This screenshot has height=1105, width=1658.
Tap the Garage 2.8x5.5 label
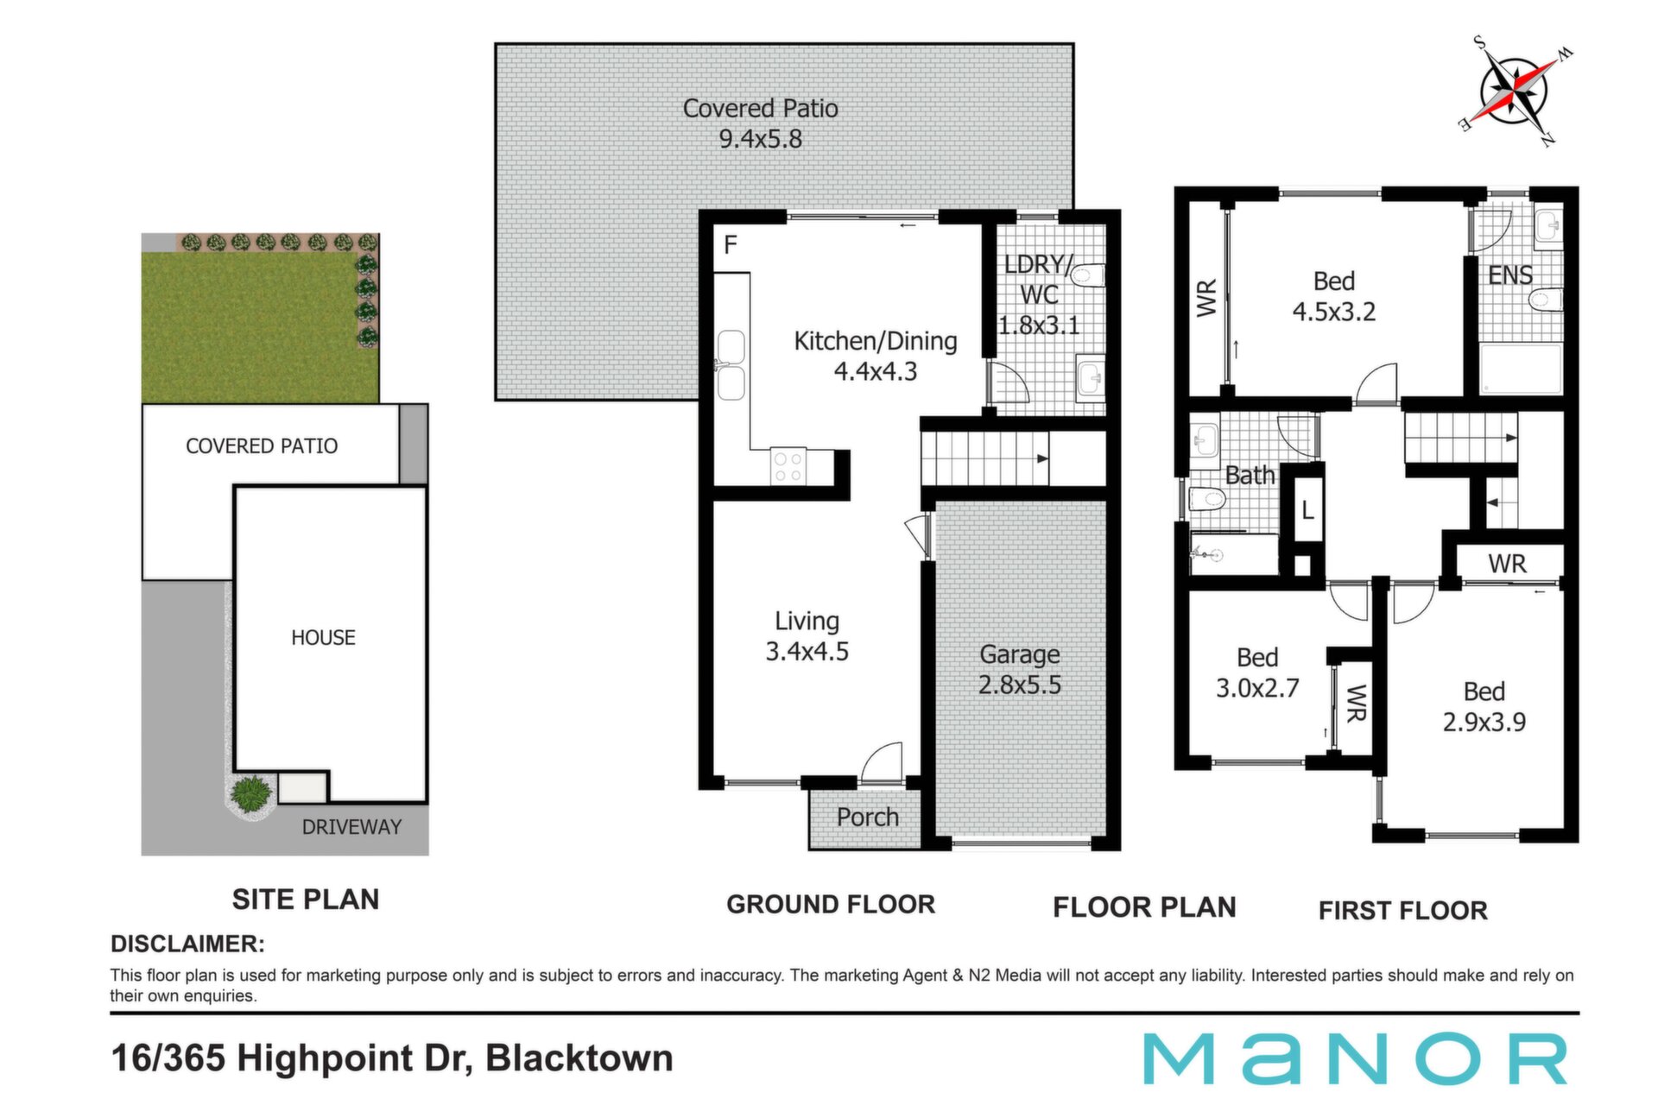pyautogui.click(x=1020, y=670)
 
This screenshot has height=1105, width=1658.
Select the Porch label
pyautogui.click(x=868, y=817)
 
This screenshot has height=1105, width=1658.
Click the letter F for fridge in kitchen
pyautogui.click(x=731, y=245)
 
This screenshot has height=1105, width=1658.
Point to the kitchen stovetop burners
pyautogui.click(x=788, y=466)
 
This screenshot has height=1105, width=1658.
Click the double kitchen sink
pyautogui.click(x=731, y=366)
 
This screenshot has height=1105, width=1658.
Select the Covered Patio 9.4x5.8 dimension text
pyautogui.click(x=761, y=123)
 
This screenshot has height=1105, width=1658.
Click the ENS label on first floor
pyautogui.click(x=1510, y=275)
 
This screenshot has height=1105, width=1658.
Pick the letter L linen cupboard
pyautogui.click(x=1307, y=510)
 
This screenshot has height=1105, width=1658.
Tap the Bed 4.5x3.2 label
pyautogui.click(x=1334, y=296)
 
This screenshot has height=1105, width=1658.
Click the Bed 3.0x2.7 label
pyautogui.click(x=1257, y=672)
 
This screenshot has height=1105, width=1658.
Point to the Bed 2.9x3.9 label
pyautogui.click(x=1484, y=706)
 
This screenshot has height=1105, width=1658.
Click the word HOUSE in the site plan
pyautogui.click(x=323, y=637)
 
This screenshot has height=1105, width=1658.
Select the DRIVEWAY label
pyautogui.click(x=351, y=827)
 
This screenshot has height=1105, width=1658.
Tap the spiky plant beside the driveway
pyautogui.click(x=251, y=794)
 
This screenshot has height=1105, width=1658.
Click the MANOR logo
pyautogui.click(x=1356, y=1058)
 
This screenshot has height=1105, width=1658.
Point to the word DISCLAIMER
pyautogui.click(x=187, y=944)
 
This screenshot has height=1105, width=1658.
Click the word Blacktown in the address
pyautogui.click(x=579, y=1058)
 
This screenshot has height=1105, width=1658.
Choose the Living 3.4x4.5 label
pyautogui.click(x=807, y=636)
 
